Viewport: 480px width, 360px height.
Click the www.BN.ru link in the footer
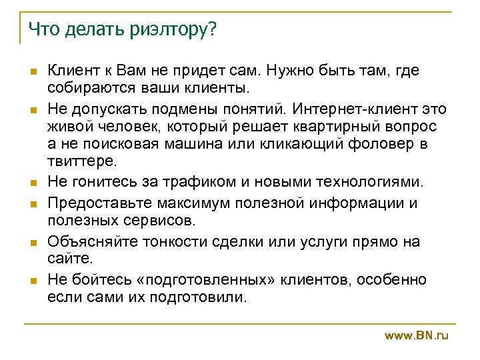(417, 335)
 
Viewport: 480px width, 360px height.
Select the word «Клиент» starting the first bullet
(71, 70)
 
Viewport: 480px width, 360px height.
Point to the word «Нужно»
(300, 70)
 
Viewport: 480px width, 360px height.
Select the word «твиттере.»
(81, 161)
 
